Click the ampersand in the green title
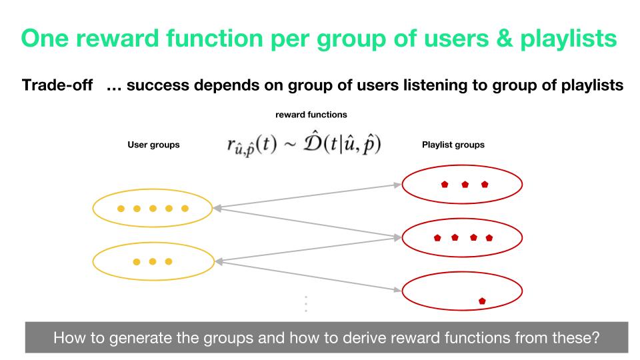click(x=504, y=39)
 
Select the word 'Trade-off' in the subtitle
click(x=57, y=85)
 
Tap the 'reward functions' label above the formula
click(x=311, y=115)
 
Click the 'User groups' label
click(x=153, y=145)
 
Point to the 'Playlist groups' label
click(x=453, y=145)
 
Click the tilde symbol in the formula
click(x=290, y=145)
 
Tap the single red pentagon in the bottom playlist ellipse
click(x=482, y=301)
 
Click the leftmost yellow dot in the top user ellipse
click(x=121, y=209)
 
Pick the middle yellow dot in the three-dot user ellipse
click(x=153, y=261)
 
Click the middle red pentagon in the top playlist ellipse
click(x=465, y=185)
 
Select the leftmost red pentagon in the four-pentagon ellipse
click(x=437, y=237)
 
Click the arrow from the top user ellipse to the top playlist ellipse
click(x=307, y=196)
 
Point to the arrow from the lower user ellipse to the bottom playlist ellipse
click(x=308, y=276)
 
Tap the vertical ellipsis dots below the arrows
click(x=306, y=304)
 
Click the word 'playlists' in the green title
click(x=568, y=39)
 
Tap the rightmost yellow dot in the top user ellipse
click(x=185, y=209)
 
